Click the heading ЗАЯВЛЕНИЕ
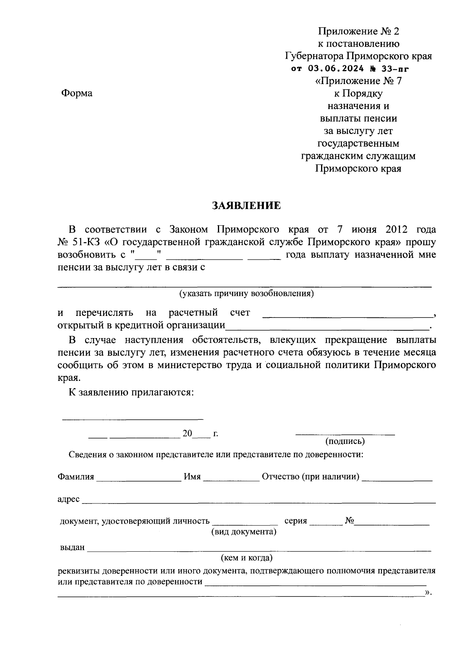[246, 205]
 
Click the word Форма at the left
[77, 93]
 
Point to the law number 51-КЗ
[88, 242]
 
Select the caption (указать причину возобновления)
[246, 293]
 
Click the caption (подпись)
[345, 441]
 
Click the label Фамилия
[76, 477]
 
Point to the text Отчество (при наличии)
[311, 477]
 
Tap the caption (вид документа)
[244, 531]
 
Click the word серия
[296, 521]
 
